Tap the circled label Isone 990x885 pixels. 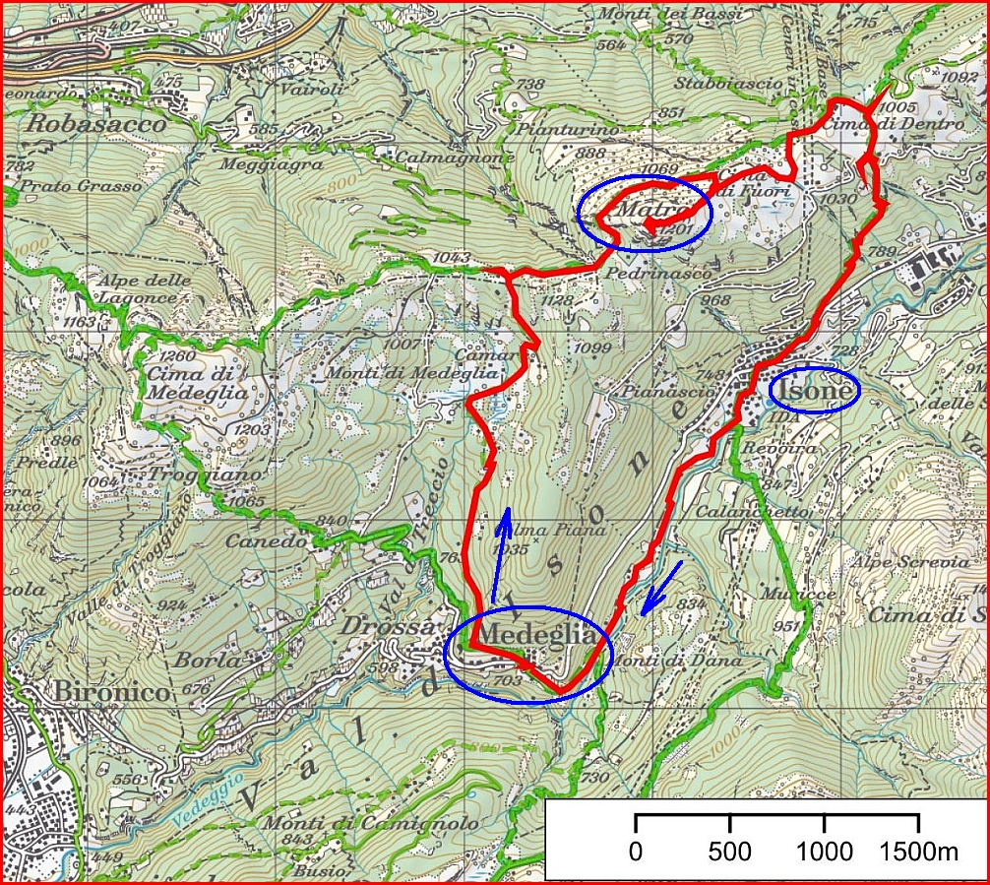click(x=814, y=392)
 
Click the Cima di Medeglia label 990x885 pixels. click(x=186, y=383)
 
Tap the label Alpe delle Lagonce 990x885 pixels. click(x=145, y=288)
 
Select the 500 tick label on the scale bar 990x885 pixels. click(x=729, y=852)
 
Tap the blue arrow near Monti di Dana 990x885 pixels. click(x=659, y=588)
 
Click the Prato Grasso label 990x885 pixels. click(x=62, y=184)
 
